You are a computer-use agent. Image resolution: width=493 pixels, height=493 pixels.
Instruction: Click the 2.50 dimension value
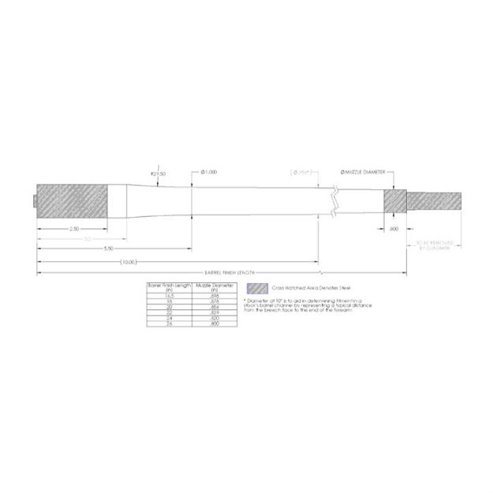73,229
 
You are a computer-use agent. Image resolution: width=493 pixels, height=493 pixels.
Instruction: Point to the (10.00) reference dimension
128,261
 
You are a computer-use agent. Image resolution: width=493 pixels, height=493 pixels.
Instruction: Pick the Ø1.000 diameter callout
210,171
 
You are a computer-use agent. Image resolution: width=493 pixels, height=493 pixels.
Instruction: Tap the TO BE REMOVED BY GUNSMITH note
431,245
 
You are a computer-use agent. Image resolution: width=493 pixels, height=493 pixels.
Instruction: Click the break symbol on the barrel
337,202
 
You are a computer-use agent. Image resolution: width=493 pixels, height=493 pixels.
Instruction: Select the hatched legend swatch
254,288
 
